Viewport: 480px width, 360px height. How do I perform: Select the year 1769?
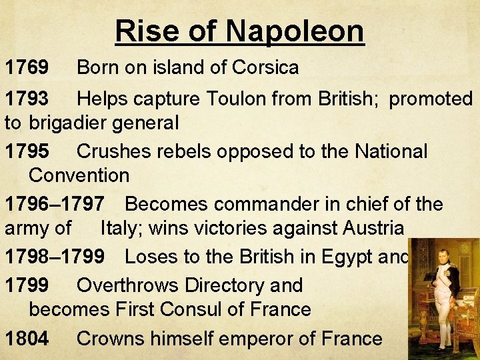click(27, 67)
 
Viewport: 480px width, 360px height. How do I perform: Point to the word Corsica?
click(265, 67)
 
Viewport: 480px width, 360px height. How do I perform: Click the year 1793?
click(27, 99)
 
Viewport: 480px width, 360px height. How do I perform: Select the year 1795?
click(27, 151)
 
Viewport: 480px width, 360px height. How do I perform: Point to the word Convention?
click(79, 176)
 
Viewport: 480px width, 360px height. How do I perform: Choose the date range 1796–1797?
click(55, 204)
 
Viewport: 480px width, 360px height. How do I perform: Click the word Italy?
click(122, 229)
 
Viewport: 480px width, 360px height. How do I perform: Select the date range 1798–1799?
click(55, 257)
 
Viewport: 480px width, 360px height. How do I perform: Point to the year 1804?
click(27, 339)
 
